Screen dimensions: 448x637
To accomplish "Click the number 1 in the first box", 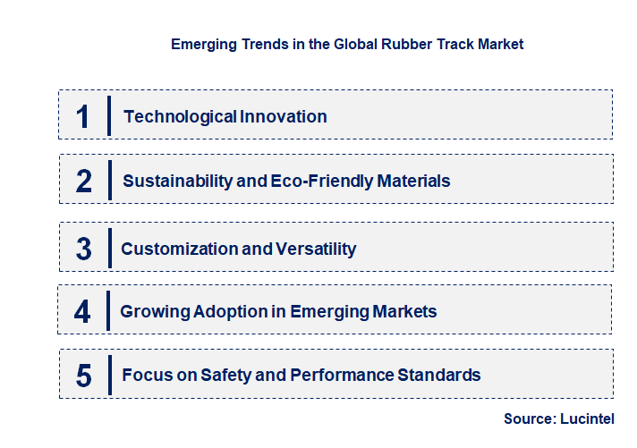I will coord(83,116).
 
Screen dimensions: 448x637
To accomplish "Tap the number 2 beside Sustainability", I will coord(84,181).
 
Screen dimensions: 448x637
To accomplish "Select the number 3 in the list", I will coord(84,249).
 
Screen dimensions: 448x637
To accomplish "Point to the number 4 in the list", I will coord(83,312).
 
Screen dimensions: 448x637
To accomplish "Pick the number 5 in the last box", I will coord(84,376).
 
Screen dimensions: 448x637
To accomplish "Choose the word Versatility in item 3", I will coord(317,249).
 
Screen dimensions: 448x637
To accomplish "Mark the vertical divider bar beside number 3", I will coord(108,248).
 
